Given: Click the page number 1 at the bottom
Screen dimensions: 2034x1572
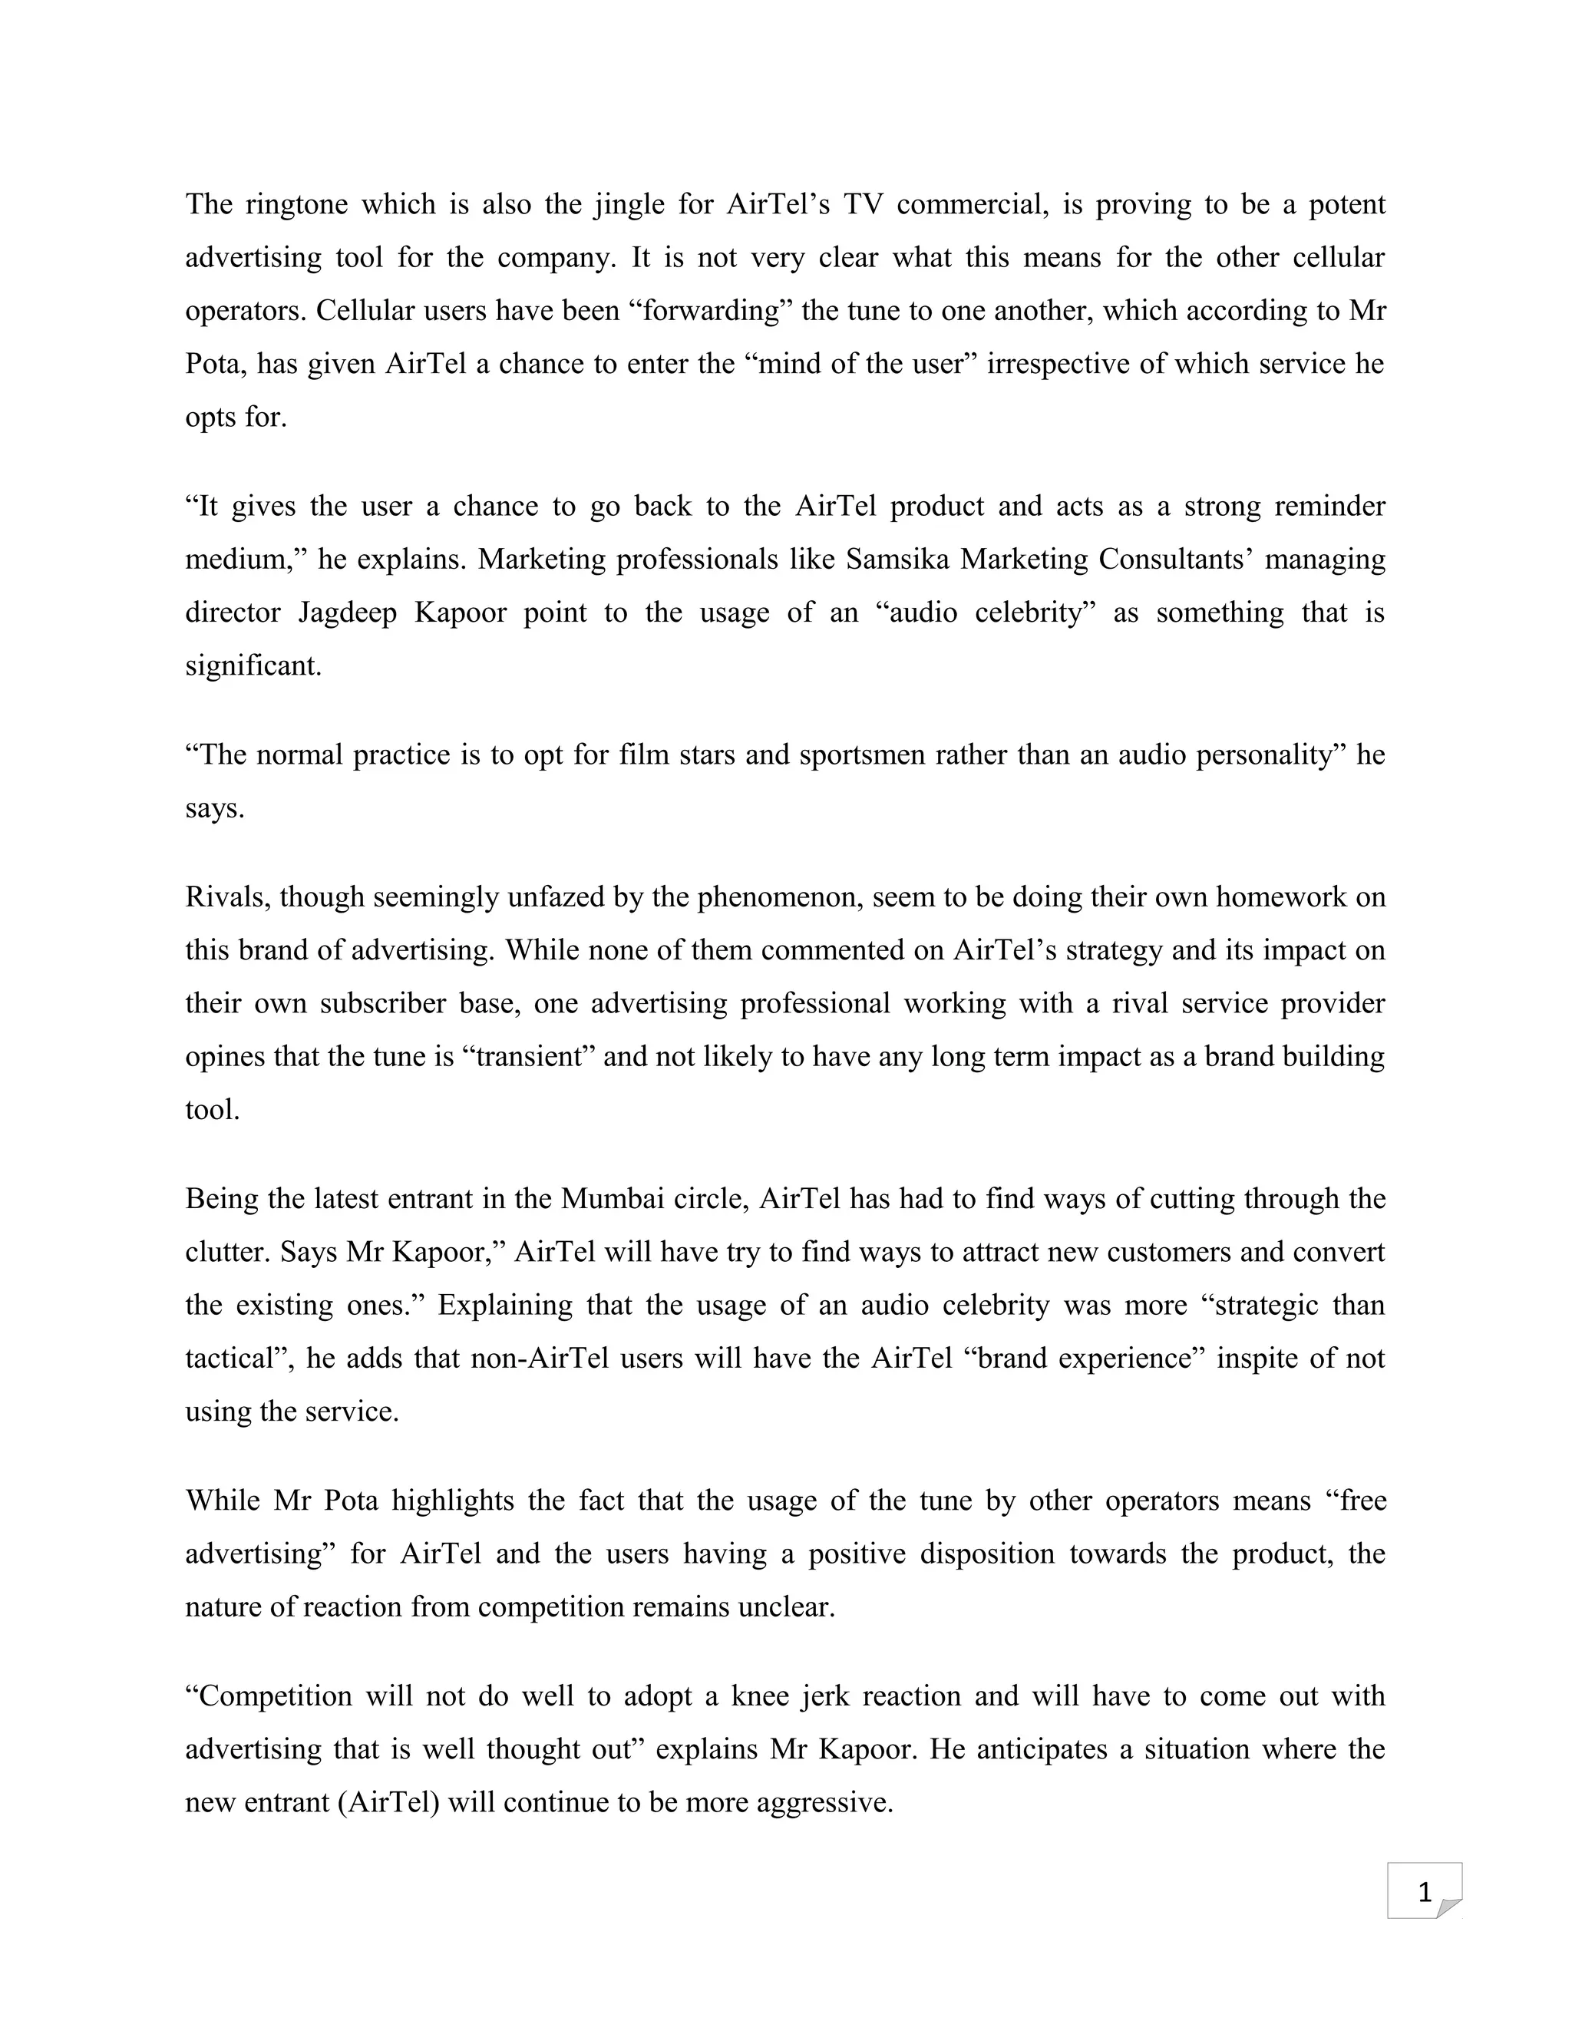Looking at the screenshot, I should click(x=1423, y=1893).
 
